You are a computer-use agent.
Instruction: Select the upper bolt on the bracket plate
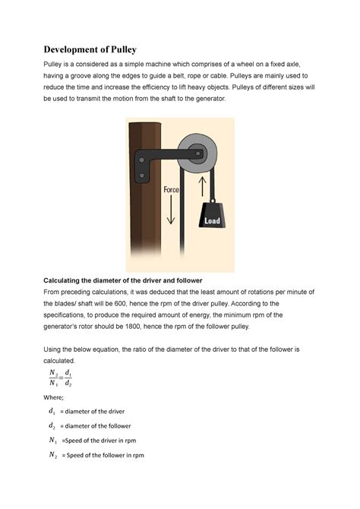click(141, 159)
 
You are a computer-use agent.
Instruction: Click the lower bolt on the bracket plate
click(141, 178)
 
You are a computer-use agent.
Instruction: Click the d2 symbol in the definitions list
click(52, 426)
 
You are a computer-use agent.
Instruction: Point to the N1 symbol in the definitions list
click(52, 441)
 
